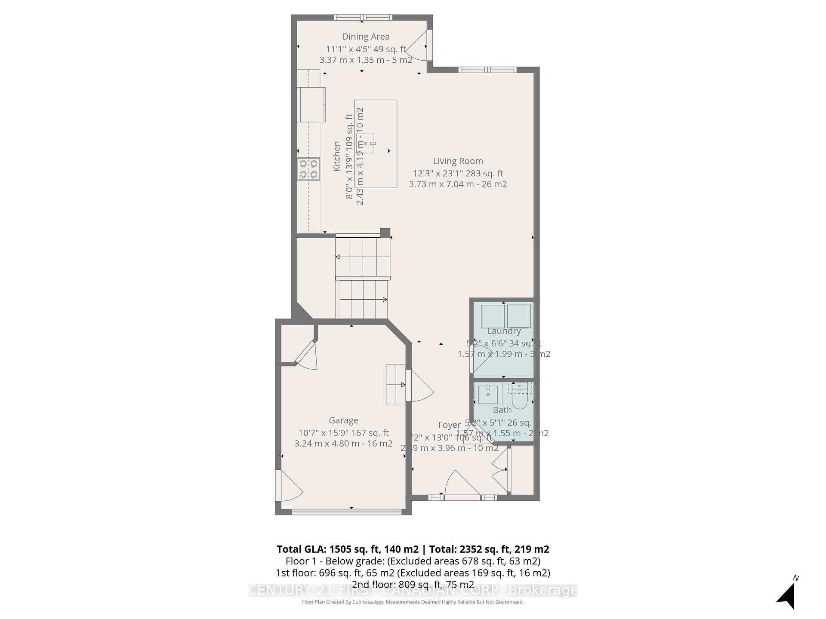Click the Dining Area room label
tap(366, 37)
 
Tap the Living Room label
tap(458, 161)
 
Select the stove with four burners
tap(308, 169)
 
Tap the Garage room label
tap(343, 420)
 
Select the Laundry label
tap(504, 331)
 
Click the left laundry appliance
tap(492, 316)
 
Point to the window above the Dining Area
tap(363, 18)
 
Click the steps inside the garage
tap(395, 385)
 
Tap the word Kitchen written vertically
tap(337, 156)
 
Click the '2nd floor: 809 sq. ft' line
tap(413, 585)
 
